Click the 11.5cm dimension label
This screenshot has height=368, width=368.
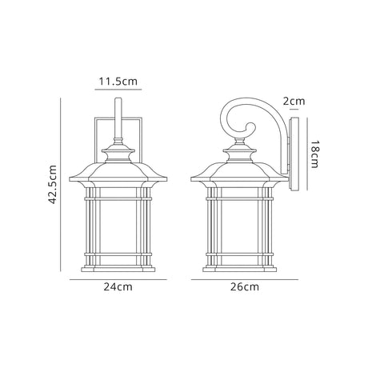click(118, 81)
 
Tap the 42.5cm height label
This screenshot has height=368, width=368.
click(53, 185)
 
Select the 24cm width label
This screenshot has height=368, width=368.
click(118, 287)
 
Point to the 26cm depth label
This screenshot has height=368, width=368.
click(245, 287)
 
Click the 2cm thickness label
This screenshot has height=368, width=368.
click(294, 101)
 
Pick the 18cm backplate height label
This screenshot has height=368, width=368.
click(314, 154)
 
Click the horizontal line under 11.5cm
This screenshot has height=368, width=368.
click(118, 90)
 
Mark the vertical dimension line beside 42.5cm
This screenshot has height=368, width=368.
click(61, 185)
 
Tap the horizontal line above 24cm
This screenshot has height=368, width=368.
click(118, 279)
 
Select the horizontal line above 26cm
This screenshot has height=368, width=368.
click(245, 279)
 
